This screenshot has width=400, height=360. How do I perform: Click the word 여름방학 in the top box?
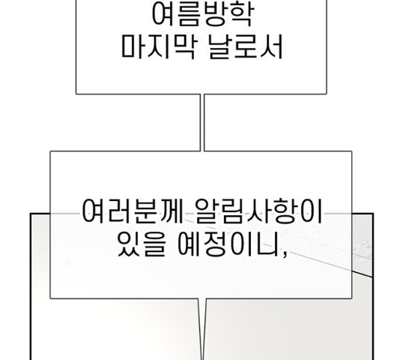pyautogui.click(x=203, y=14)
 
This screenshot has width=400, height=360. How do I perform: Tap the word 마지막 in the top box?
pyautogui.click(x=158, y=47)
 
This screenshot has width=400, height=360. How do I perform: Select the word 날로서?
pyautogui.click(x=246, y=47)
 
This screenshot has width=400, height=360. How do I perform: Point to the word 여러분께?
pyautogui.click(x=133, y=211)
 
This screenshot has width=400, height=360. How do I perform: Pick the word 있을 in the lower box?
pyautogui.click(x=142, y=244)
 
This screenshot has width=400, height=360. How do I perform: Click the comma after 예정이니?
pyautogui.click(x=284, y=253)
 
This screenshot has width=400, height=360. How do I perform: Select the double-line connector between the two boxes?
pyautogui.click(x=202, y=123)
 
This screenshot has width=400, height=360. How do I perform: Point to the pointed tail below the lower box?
pyautogui.click(x=202, y=329)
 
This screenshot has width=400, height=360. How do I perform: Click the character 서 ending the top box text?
pyautogui.click(x=271, y=47)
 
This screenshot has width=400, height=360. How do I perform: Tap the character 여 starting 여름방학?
pyautogui.click(x=164, y=14)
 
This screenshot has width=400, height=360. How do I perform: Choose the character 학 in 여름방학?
pyautogui.click(x=241, y=14)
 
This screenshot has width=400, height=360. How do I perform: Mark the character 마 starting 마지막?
pyautogui.click(x=133, y=47)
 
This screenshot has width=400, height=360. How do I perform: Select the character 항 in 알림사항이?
pyautogui.click(x=284, y=211)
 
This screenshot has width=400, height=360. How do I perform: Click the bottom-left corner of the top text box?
pyautogui.click(x=76, y=94)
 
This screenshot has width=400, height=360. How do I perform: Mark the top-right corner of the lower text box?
pyautogui.click(x=352, y=151)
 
